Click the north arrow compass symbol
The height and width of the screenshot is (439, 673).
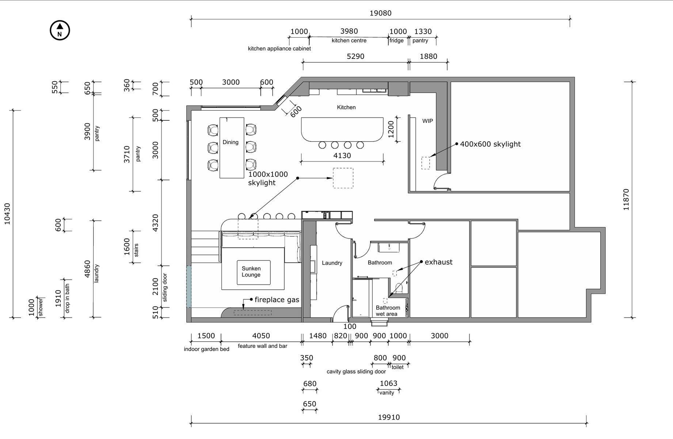tap(60, 30)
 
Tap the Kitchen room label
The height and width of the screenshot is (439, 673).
tap(346, 107)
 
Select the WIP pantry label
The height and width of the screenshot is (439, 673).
tap(427, 121)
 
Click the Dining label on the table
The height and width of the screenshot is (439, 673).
tap(231, 142)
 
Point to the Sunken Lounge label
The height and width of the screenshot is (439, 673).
tap(251, 271)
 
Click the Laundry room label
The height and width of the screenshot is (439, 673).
tap(332, 263)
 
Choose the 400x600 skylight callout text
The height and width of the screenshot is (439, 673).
tap(490, 144)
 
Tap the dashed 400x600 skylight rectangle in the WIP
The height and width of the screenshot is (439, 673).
tap(426, 163)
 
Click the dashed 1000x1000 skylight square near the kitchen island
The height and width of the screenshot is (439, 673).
tap(343, 178)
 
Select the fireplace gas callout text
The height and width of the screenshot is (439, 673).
tap(277, 300)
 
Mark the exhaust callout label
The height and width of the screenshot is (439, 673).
tap(438, 262)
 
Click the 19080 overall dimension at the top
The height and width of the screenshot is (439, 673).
tap(380, 13)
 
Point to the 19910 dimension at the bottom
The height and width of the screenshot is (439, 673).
tap(389, 417)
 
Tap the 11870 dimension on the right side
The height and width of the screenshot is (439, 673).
tap(626, 199)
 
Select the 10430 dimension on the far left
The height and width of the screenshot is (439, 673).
tap(7, 214)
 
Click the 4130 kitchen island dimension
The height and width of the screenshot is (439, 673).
tap(342, 155)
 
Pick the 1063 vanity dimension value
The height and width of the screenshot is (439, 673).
tap(388, 383)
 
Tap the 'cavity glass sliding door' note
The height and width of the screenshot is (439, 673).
tap(356, 372)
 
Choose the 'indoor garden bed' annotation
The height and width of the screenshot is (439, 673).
tap(206, 349)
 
